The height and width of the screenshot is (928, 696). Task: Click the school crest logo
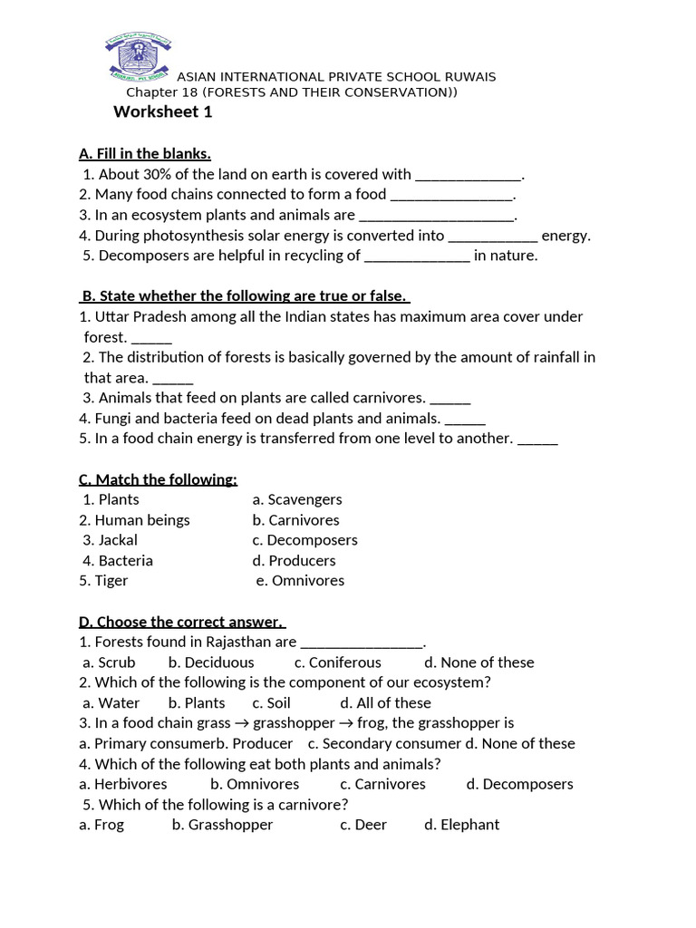pos(139,57)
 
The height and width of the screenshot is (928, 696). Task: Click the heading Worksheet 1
pos(163,112)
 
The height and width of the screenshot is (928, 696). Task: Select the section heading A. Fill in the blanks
pos(145,153)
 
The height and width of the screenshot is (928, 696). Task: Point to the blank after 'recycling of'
pos(417,256)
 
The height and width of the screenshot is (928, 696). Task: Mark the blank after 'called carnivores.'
pos(450,399)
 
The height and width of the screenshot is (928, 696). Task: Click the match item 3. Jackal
pos(111,540)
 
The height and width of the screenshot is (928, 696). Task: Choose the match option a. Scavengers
pos(297,499)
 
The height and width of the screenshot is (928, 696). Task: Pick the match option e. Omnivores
pos(300,581)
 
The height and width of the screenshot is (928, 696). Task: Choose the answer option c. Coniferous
pos(338,662)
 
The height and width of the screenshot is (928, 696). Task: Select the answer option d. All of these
pos(385,703)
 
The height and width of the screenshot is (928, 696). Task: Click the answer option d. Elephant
pos(461,825)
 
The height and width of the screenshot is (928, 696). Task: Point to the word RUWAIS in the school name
pos(468,77)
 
